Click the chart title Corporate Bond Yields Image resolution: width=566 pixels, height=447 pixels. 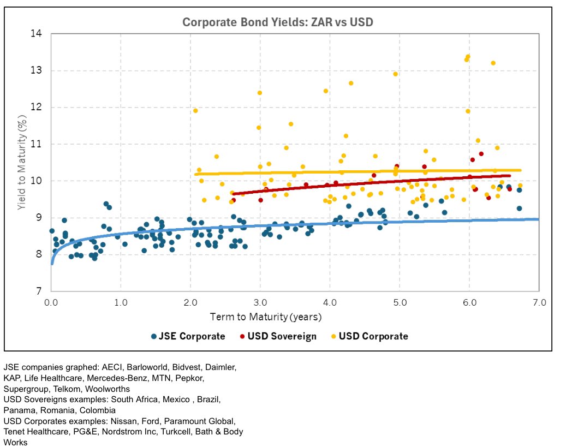(277, 22)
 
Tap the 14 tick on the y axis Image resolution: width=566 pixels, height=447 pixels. (37, 34)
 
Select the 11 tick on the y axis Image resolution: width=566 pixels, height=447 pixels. (37, 144)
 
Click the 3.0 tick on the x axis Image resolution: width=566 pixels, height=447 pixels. (260, 302)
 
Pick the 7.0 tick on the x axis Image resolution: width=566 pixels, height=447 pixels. (539, 302)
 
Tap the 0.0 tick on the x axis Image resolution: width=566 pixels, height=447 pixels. (51, 302)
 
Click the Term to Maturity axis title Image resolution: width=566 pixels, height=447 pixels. (266, 317)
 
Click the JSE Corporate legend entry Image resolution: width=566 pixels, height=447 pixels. (188, 336)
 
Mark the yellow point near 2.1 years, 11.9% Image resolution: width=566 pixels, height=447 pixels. (195, 111)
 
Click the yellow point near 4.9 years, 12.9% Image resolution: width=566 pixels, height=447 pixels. (395, 74)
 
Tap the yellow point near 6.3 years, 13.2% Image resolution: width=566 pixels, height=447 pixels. (493, 63)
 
